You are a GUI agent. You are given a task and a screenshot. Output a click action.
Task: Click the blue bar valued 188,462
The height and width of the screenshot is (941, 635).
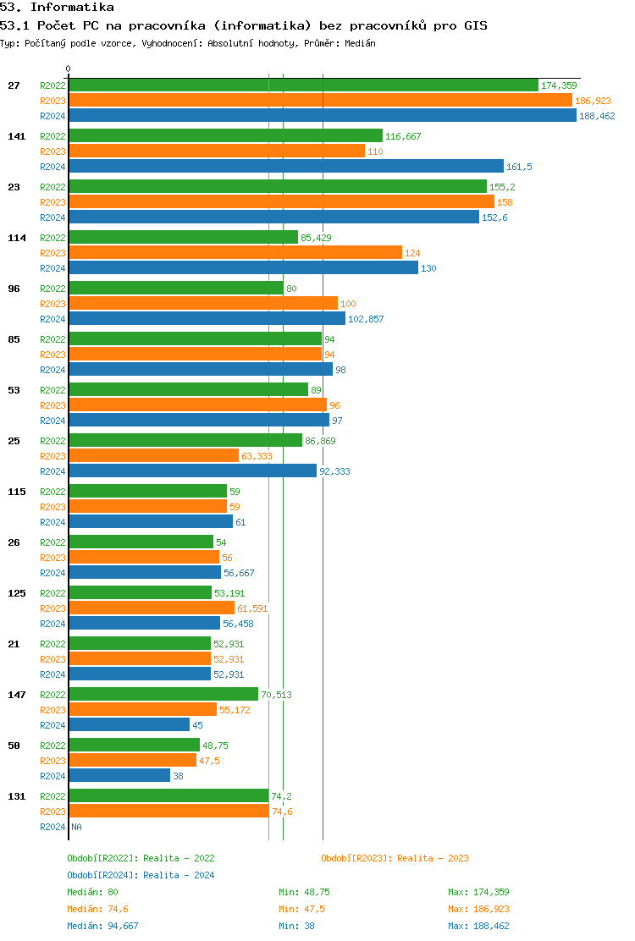click(x=322, y=116)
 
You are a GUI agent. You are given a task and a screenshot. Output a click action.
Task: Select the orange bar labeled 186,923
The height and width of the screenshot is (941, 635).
click(x=320, y=101)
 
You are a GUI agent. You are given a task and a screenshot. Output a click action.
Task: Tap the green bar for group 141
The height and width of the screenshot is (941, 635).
click(x=225, y=136)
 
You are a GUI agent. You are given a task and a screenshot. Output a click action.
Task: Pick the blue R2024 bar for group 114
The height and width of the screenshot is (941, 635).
click(x=243, y=268)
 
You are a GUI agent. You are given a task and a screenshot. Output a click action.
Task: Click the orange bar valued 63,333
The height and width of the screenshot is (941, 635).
click(x=153, y=456)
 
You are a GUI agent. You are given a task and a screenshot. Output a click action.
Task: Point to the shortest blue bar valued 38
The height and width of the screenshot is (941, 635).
click(x=119, y=776)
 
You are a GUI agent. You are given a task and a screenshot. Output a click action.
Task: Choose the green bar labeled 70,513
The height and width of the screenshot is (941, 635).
click(x=163, y=695)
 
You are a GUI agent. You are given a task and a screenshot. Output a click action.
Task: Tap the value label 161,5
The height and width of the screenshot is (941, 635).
click(x=519, y=167)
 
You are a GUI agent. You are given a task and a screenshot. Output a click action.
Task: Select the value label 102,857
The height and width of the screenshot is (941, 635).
click(x=366, y=319)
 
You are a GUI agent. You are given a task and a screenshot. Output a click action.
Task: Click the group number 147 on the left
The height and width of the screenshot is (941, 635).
click(x=16, y=695)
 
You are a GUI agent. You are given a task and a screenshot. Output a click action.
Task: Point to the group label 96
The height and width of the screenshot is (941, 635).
click(x=14, y=289)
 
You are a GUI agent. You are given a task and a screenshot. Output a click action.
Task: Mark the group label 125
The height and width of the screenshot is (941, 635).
click(x=16, y=593)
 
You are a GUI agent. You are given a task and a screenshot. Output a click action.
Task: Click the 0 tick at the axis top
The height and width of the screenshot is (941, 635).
click(x=69, y=69)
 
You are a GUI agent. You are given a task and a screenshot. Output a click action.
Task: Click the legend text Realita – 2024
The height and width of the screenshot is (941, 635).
click(x=179, y=875)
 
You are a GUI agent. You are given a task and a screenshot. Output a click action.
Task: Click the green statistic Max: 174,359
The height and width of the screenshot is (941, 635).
click(x=478, y=892)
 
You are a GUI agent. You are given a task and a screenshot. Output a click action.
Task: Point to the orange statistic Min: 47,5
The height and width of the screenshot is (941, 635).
click(x=301, y=909)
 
